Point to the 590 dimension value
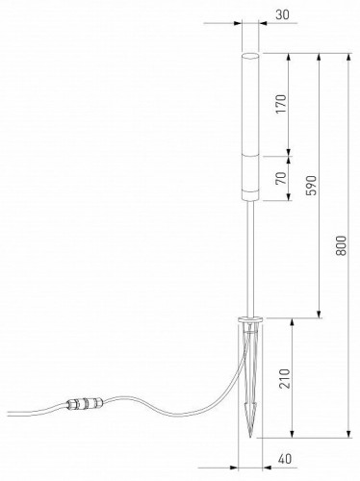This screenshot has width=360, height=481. [x=310, y=186]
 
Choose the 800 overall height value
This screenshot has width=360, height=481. [x=340, y=246]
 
